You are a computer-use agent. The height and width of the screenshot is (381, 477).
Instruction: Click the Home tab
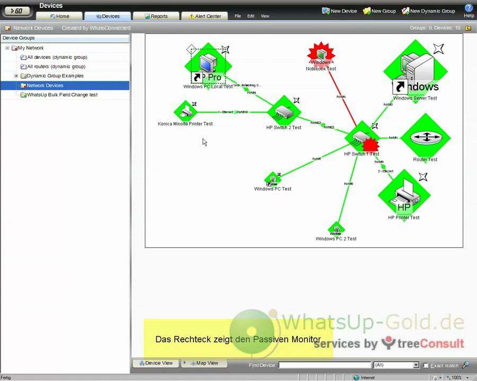[59, 16]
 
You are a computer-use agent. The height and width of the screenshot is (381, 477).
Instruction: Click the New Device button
[340, 11]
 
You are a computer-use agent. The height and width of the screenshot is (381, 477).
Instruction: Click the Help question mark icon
[469, 8]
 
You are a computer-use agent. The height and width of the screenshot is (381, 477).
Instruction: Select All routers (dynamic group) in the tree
[56, 67]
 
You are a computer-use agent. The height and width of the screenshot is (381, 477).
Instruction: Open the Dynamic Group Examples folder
[55, 76]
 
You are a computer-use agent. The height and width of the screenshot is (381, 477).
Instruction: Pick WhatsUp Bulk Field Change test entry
[62, 95]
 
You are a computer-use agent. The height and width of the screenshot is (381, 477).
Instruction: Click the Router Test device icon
[425, 138]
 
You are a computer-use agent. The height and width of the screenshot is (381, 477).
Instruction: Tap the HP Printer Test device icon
[404, 195]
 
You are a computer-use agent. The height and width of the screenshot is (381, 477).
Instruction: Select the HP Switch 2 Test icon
[284, 112]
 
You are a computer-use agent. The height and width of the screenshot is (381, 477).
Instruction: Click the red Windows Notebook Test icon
[321, 54]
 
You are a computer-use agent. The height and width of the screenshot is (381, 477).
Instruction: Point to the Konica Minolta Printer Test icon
[185, 112]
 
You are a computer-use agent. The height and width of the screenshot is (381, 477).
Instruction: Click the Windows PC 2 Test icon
[336, 230]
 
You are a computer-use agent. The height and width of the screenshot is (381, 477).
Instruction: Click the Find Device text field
[324, 365]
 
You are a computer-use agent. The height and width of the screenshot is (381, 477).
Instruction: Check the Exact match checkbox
[426, 365]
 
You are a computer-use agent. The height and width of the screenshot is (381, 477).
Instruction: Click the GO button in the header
[16, 11]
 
